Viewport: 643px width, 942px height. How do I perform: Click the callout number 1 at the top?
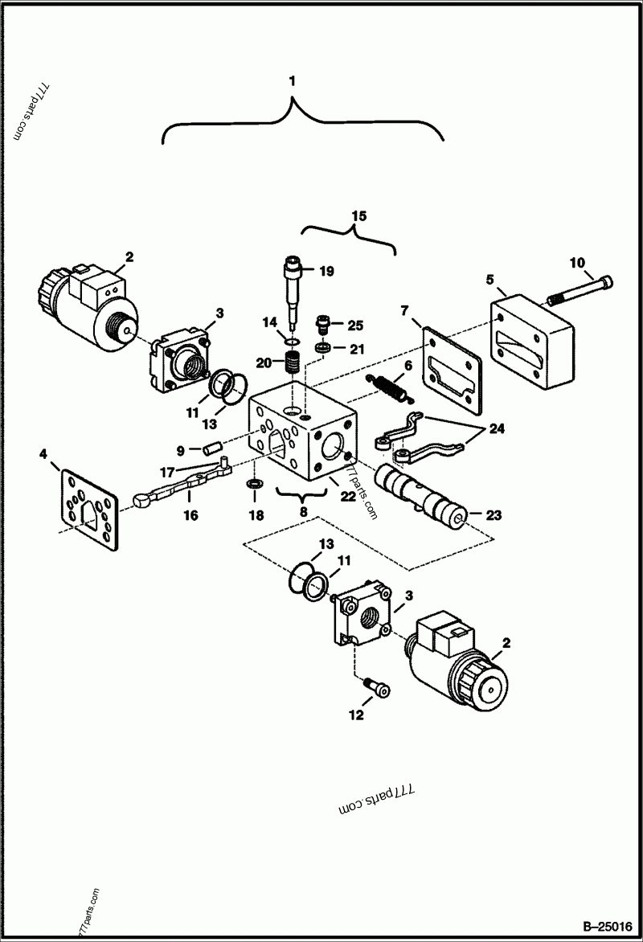tap(293, 80)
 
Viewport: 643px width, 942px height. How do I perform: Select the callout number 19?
tap(326, 271)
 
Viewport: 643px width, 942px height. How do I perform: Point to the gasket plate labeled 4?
tap(88, 510)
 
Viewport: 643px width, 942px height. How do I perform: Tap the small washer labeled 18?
tap(254, 485)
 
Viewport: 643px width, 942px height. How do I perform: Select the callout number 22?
tap(347, 497)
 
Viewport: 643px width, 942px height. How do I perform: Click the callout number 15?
tap(358, 215)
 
